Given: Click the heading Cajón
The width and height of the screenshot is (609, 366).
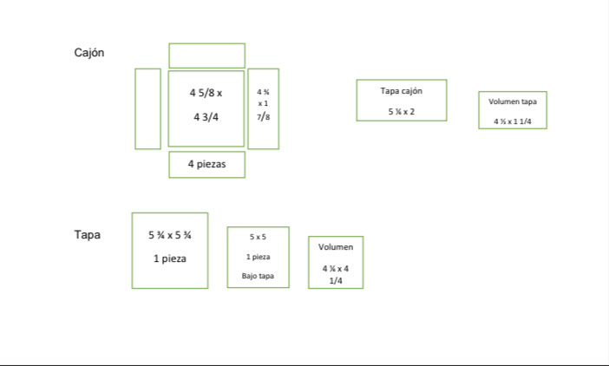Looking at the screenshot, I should click(x=89, y=53).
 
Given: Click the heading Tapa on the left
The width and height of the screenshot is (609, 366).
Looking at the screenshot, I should click(x=87, y=234).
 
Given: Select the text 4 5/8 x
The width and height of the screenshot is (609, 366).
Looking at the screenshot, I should click(x=206, y=92).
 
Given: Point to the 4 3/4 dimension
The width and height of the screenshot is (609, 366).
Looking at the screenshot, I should click(x=206, y=117).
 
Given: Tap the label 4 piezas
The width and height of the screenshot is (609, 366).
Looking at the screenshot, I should click(x=206, y=164).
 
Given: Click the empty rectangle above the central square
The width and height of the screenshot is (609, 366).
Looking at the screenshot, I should click(x=206, y=56).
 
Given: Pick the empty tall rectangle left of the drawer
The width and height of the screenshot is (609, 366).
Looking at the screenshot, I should click(x=147, y=108).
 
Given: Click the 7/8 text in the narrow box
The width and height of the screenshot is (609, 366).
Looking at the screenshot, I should click(x=263, y=116).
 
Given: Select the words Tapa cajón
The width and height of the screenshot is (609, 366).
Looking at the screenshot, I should click(x=402, y=90).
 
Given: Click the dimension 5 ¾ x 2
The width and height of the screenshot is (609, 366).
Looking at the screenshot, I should click(x=402, y=112).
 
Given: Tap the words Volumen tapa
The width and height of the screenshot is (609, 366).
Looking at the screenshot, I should click(x=513, y=101).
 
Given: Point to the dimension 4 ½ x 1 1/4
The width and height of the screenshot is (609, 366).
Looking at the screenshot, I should click(x=513, y=121).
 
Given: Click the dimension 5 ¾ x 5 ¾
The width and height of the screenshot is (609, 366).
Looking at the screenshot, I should click(x=170, y=235).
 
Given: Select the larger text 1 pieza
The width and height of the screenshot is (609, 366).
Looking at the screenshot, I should click(x=170, y=258).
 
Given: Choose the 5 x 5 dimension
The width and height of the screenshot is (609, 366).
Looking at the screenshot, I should click(x=259, y=237).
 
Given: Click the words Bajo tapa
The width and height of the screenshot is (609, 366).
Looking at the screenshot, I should click(x=259, y=277).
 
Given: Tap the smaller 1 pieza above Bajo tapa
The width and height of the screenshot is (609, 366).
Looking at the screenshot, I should click(x=259, y=257).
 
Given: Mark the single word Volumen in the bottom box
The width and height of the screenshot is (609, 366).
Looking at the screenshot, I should click(x=336, y=247).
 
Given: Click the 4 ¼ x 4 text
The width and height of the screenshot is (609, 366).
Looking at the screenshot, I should click(x=336, y=268).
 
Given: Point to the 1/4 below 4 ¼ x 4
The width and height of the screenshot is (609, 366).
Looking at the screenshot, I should click(x=336, y=280).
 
